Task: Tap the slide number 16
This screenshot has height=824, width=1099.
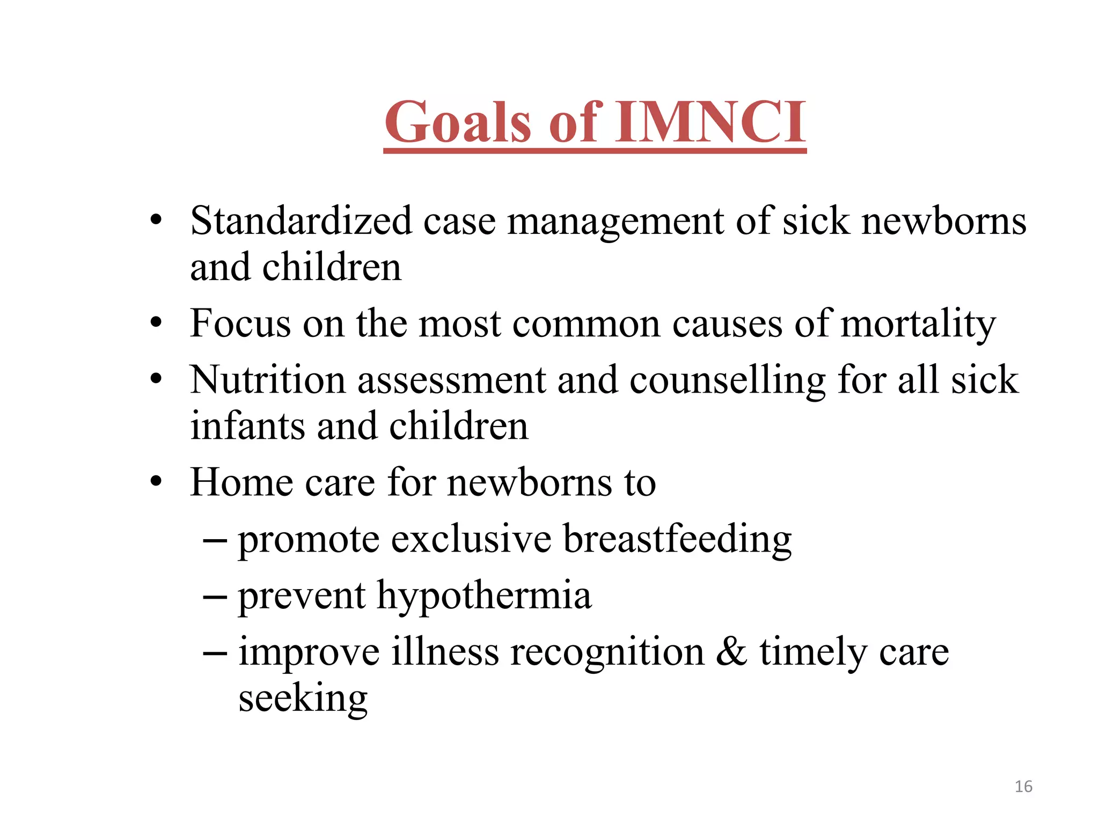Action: pyautogui.click(x=1023, y=786)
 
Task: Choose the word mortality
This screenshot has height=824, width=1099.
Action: pyautogui.click(x=918, y=325)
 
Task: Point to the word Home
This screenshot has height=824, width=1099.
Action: pyautogui.click(x=241, y=482)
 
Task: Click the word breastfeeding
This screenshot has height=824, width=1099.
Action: pyautogui.click(x=677, y=540)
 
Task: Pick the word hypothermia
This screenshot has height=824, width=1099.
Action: pyautogui.click(x=484, y=597)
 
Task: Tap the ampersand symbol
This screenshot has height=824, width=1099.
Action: pyautogui.click(x=731, y=652)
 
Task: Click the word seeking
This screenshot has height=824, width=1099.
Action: pyautogui.click(x=303, y=700)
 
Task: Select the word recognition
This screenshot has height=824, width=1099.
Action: pyautogui.click(x=607, y=653)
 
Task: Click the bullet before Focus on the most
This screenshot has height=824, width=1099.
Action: pyautogui.click(x=156, y=323)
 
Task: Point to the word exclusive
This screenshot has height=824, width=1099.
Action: pyautogui.click(x=471, y=539)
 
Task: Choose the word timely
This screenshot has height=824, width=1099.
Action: pyautogui.click(x=813, y=653)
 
